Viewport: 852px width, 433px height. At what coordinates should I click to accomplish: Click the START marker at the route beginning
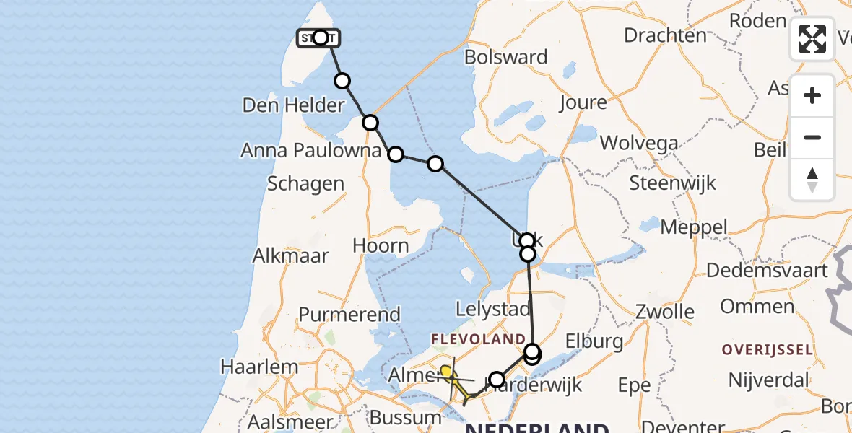(x=318, y=38)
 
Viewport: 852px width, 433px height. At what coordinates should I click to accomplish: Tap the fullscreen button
(x=812, y=39)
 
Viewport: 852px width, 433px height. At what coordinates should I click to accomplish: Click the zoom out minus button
(x=812, y=137)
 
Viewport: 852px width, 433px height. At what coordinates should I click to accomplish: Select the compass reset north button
(x=812, y=179)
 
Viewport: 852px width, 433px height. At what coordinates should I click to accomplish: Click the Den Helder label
(x=293, y=105)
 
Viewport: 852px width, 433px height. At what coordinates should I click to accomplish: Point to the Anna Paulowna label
(x=310, y=151)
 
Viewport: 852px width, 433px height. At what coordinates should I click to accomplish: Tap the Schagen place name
(x=305, y=183)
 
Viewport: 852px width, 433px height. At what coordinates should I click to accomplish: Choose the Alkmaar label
(x=290, y=255)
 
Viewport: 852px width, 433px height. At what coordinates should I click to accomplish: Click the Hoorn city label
(x=381, y=246)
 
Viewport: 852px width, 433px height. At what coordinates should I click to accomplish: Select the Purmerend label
(x=349, y=315)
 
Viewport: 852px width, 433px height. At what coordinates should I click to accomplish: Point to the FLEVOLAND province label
(x=478, y=339)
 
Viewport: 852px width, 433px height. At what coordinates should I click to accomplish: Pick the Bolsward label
(x=505, y=57)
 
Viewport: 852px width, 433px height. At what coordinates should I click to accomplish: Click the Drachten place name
(x=665, y=35)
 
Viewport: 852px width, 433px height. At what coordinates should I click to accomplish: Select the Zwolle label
(x=664, y=312)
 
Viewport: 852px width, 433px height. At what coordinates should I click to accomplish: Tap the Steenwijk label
(x=672, y=183)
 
